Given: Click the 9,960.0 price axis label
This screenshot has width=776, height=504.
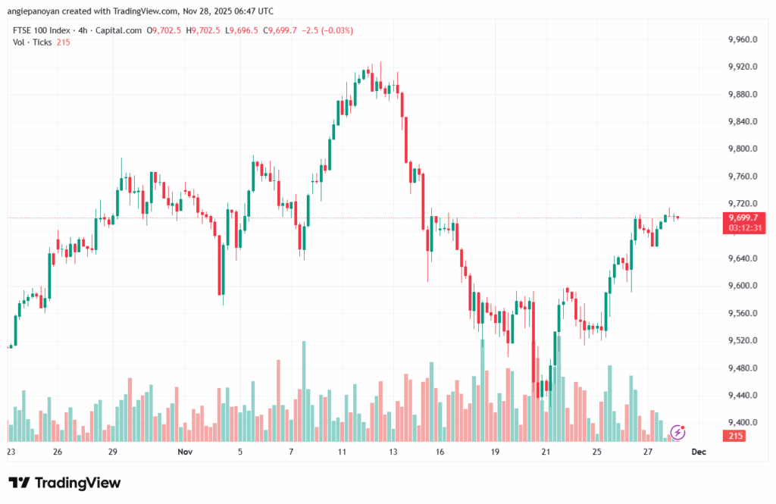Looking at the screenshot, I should tap(742, 39).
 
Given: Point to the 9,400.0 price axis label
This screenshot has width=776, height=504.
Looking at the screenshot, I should tap(742, 422).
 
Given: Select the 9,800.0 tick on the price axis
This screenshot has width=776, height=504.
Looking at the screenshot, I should tap(742, 149).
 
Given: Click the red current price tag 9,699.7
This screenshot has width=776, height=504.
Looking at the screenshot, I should tap(743, 218).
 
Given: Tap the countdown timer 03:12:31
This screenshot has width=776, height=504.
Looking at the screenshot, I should tap(743, 227).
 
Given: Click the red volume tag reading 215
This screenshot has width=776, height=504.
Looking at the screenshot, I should tap(734, 436).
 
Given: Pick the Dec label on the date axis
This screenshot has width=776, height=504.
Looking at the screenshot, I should tap(699, 451).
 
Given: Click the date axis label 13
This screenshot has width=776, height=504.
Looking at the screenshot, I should tap(393, 451).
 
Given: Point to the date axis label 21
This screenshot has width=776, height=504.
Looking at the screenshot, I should tap(546, 451).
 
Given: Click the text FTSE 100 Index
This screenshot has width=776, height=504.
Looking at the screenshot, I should tap(42, 30).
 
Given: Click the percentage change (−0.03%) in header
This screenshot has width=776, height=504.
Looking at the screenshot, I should tap(337, 30).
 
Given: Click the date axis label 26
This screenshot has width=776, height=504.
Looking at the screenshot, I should tap(58, 451).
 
